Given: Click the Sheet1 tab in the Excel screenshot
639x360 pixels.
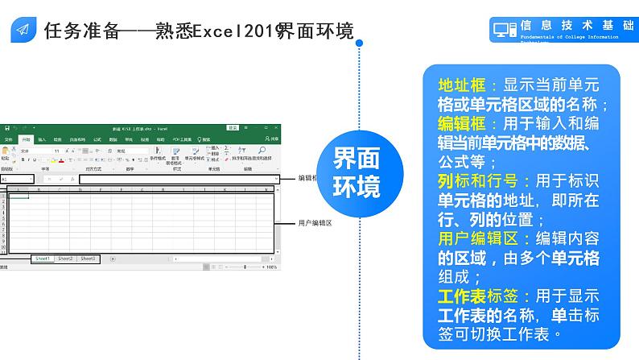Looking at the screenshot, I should pos(42,259).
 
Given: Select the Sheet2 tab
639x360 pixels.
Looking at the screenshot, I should pos(65,259).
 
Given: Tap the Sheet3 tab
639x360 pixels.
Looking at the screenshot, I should pos(89,259).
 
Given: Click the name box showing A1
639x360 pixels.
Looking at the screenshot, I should pos(16,179).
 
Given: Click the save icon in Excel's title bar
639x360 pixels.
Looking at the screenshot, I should pos(6,128).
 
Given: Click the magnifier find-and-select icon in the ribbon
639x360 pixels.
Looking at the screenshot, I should pos(262,150).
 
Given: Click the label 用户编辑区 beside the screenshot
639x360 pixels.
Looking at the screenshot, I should pos(315,222).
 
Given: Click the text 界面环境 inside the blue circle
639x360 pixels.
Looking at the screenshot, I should pos(357,172).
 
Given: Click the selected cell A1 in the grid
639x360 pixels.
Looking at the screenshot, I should pos(18,194).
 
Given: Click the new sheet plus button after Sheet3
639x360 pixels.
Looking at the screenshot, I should pos(112,259).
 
